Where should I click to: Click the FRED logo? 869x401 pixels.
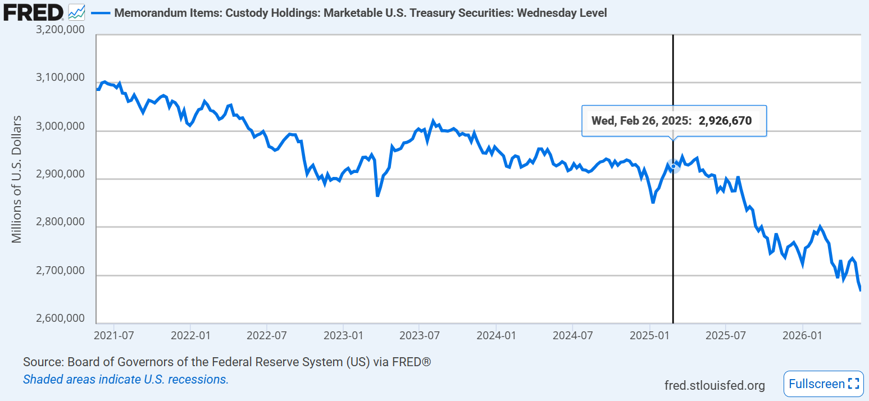pos(33,12)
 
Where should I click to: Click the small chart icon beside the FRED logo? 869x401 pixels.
pos(76,12)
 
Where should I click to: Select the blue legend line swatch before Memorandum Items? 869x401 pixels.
pos(101,13)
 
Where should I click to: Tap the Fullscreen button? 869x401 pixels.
pos(823,384)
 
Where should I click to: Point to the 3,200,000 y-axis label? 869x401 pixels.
pos(60,29)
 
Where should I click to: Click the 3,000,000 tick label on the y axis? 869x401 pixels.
pos(60,126)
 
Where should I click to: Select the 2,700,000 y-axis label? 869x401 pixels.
pos(60,270)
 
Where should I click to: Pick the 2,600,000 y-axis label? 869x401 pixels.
pos(60,318)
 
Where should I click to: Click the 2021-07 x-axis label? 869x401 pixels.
pos(113,335)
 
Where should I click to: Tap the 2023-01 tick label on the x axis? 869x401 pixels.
pos(343,335)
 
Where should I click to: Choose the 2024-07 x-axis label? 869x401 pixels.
pos(572,335)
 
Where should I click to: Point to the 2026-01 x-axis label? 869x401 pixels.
pos(802,335)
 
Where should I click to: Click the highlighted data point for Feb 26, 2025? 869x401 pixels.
pos(674,166)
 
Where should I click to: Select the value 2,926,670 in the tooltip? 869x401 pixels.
pos(725,121)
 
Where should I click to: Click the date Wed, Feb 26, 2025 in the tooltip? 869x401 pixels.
pos(641,121)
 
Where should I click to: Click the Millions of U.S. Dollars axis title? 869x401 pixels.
pos(16,179)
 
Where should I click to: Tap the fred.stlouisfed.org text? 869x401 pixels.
pos(715,385)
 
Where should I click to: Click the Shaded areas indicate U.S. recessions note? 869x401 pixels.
pos(126,379)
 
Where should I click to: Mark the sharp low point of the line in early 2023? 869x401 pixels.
pos(377,196)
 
